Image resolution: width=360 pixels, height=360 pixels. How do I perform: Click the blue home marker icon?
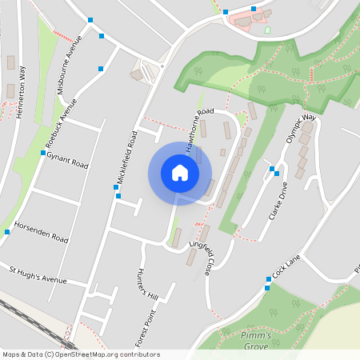tap(180, 173)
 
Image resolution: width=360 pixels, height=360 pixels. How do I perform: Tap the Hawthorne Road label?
tap(199, 128)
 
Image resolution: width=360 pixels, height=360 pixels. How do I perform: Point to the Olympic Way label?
tap(302, 128)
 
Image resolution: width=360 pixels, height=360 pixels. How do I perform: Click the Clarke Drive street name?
tap(277, 207)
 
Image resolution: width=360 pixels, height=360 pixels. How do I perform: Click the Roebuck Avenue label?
tap(61, 125)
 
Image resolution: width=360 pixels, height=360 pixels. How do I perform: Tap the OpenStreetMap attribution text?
tap(81, 354)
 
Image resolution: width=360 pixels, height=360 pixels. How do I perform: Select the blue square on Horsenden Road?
tap(7, 232)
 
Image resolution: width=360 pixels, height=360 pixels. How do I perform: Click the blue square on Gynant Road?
tap(42, 153)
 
